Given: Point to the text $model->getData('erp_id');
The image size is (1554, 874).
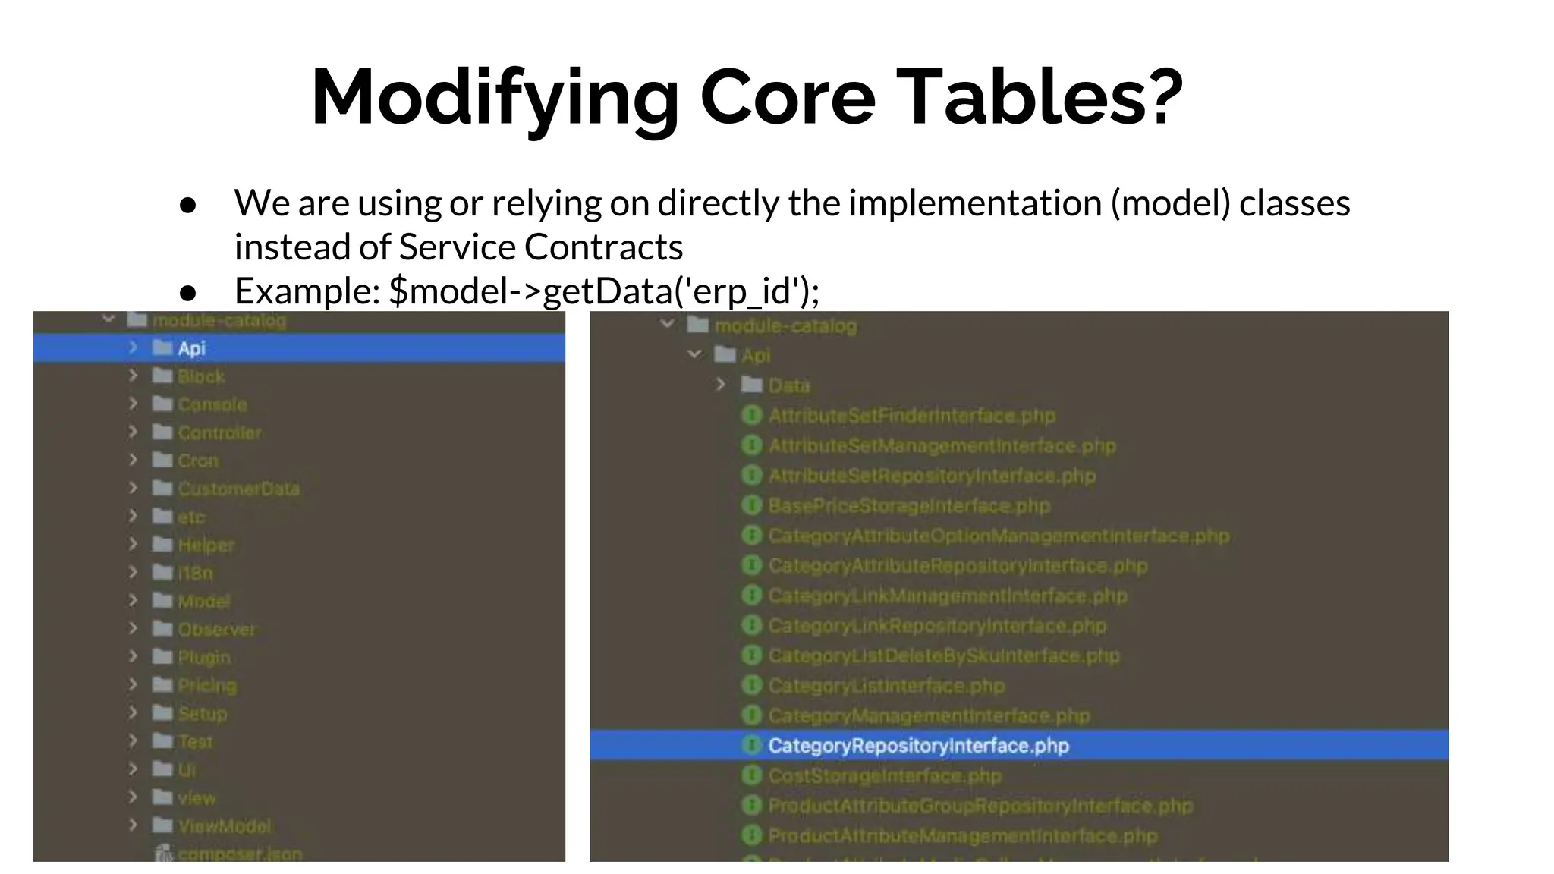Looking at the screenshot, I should (604, 291).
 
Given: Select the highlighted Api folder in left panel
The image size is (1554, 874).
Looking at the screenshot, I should (191, 348).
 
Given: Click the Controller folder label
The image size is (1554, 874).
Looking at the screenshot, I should (219, 432).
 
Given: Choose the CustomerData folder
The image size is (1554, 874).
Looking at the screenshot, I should (238, 489).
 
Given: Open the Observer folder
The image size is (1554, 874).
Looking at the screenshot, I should (217, 629).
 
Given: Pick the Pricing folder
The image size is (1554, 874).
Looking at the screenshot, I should (207, 685).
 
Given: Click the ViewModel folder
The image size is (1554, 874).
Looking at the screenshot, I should (224, 825).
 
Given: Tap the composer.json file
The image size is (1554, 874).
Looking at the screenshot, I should (239, 854).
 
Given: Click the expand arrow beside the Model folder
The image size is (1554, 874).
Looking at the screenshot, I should (133, 600).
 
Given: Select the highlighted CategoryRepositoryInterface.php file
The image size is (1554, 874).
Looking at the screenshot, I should (918, 746).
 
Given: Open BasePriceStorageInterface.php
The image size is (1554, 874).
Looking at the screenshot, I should (909, 505).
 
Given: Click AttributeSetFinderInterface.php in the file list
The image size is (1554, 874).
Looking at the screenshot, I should (911, 416).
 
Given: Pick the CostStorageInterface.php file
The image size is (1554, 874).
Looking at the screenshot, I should (885, 775).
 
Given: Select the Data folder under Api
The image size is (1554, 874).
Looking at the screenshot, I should (788, 385).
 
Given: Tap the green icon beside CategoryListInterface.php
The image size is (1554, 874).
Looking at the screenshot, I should (751, 685).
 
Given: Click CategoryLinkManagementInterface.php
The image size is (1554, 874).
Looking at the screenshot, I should (947, 596).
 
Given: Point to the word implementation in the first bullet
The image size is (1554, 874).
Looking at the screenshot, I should (974, 203).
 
